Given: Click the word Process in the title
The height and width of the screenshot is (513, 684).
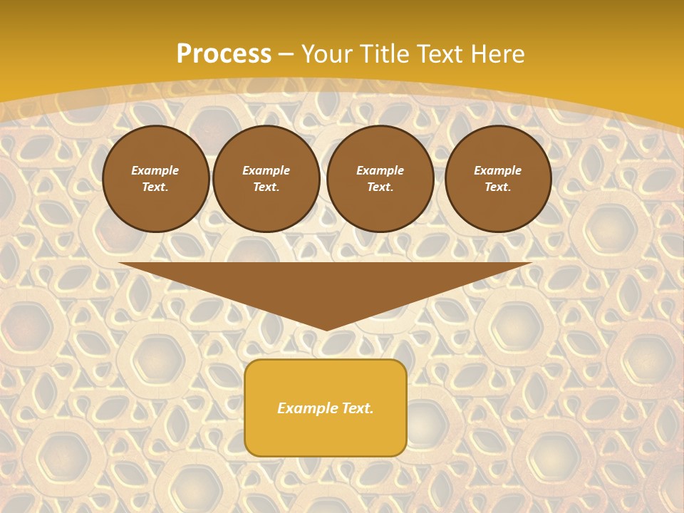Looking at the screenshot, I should click(x=224, y=54).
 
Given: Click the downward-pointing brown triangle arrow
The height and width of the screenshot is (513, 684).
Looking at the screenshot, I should click(x=326, y=285).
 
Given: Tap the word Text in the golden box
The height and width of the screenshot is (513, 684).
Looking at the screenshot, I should click(x=358, y=408).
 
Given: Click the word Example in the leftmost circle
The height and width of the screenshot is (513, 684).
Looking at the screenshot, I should click(x=155, y=170).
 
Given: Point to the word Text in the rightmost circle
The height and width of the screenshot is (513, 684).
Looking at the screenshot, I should click(x=498, y=187).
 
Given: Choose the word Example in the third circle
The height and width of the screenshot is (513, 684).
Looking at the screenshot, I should click(x=380, y=170).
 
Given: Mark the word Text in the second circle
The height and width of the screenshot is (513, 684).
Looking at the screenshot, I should click(x=266, y=187).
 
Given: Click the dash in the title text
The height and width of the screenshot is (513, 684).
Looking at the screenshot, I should click(x=286, y=54).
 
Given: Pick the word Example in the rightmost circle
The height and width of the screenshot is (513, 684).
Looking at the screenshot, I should click(x=498, y=170).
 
